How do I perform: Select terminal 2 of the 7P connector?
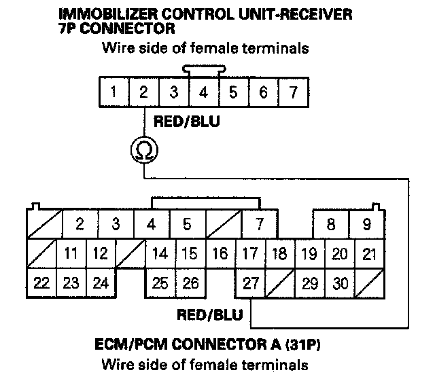144,92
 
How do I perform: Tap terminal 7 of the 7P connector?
293,92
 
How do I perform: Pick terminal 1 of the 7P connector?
114,92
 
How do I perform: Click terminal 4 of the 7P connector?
203,92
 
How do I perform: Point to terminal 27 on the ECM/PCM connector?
250,283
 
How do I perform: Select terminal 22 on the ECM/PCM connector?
42,283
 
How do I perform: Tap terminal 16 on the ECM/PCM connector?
220,254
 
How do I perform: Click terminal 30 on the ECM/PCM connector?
341,283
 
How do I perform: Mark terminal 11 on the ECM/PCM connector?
70,254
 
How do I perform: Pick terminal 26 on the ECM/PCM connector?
191,283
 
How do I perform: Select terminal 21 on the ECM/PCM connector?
370,254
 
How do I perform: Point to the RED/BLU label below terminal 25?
205,314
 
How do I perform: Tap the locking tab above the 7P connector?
203,70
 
